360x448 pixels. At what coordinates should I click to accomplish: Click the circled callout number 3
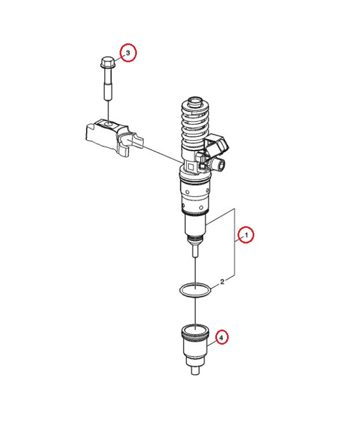click(128, 53)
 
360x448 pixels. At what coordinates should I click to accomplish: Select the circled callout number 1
click(246, 235)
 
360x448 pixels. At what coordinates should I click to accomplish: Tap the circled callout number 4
click(221, 337)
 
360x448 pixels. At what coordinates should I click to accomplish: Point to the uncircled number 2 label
click(222, 282)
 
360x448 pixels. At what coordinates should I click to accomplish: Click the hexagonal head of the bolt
click(108, 62)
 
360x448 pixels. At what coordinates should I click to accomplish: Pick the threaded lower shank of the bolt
click(108, 91)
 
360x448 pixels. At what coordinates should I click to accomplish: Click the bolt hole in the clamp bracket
click(109, 124)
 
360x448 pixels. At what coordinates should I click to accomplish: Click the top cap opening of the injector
click(195, 101)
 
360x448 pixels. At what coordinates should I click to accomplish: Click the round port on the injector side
click(220, 164)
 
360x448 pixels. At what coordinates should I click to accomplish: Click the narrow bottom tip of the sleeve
click(196, 370)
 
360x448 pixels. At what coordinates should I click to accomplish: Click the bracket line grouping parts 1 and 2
click(235, 243)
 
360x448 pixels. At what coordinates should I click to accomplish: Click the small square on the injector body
click(191, 167)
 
